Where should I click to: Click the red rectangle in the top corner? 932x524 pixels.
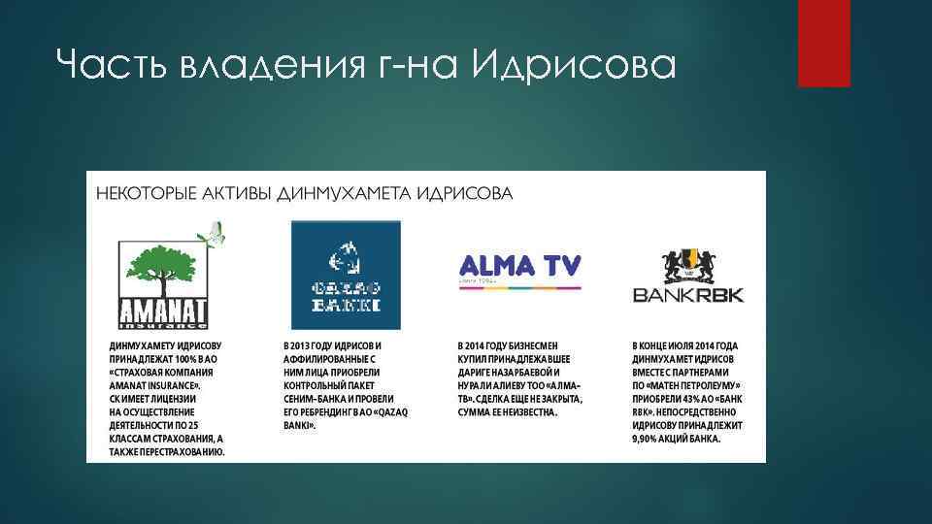(823, 43)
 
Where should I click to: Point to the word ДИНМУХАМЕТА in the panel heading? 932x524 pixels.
(347, 194)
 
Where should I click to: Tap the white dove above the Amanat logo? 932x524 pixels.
(211, 234)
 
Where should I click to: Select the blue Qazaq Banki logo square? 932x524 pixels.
(346, 275)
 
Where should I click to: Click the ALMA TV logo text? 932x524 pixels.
(518, 264)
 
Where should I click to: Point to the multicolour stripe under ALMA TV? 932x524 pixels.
(518, 288)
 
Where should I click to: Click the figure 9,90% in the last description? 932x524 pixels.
(649, 439)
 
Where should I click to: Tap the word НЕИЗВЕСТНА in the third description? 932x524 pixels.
(529, 412)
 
